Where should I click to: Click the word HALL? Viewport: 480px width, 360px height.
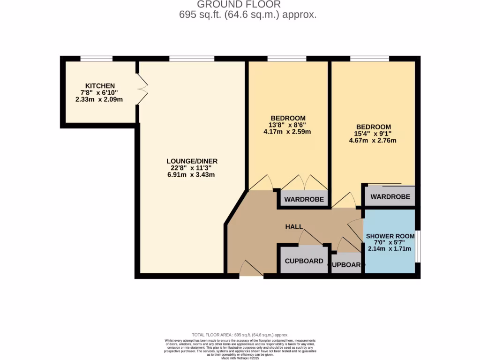[x=294, y=227]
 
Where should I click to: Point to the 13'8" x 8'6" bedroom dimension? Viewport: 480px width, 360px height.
[x=288, y=125]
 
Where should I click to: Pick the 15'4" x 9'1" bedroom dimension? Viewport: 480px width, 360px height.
[x=373, y=134]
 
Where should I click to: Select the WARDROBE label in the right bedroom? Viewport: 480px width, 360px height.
[x=390, y=197]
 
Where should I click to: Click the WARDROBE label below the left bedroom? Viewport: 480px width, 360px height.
[x=304, y=199]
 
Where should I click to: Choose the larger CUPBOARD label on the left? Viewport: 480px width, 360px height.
[x=304, y=261]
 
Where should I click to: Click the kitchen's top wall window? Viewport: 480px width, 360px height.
[x=96, y=59]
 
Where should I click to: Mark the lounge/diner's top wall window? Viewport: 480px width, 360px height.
[x=192, y=59]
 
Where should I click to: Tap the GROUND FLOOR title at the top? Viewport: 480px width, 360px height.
[x=239, y=5]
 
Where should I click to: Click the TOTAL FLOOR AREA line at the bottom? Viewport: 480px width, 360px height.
[x=240, y=335]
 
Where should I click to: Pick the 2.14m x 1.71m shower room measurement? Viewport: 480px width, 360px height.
[x=390, y=248]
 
